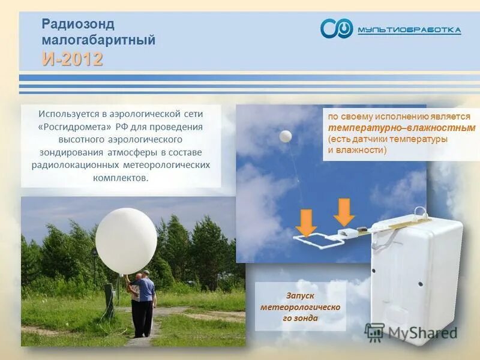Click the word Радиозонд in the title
click(78, 25)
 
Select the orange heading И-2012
click(73, 59)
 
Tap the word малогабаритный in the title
click(98, 41)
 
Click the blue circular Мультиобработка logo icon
click(336, 28)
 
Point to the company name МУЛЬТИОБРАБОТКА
click(409, 30)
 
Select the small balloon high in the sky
click(286, 136)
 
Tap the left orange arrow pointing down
click(306, 223)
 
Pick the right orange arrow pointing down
click(344, 211)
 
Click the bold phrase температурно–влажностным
click(401, 128)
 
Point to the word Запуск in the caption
click(300, 296)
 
